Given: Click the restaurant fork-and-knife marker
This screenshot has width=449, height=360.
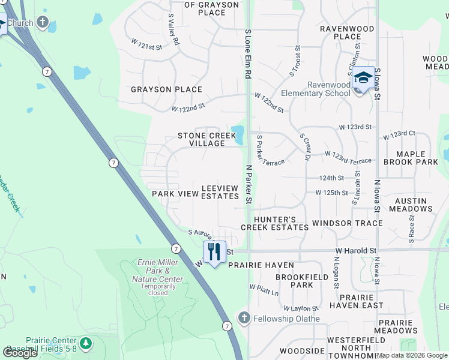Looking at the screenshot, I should (214, 251).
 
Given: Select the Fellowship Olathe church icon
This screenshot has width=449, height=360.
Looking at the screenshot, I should (244, 318).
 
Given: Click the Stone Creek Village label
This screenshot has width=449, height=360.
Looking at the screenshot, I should (206, 140).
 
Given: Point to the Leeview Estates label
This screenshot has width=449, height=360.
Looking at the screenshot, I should (220, 192).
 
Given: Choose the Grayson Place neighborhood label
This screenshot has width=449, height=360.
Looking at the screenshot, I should (166, 89).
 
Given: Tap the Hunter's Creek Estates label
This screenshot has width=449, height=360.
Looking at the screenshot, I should (275, 223).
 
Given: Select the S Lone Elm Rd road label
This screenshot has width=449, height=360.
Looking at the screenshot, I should (247, 54).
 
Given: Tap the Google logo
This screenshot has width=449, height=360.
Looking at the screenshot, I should (20, 353).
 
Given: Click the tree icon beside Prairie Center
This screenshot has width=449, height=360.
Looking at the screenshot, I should (86, 343).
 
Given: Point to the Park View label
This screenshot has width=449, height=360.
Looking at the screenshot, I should (175, 194).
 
